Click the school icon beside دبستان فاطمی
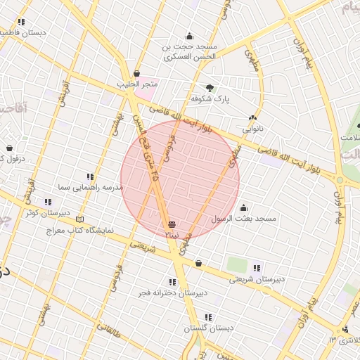tap(22, 22)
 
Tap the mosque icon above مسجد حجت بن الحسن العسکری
tap(189, 36)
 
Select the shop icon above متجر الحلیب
tap(136, 73)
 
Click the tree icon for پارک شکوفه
tap(210, 88)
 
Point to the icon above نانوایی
tap(252, 117)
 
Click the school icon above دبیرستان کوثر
tap(48, 202)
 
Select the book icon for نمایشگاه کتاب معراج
tap(79, 219)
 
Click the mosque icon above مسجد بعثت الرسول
tap(243, 207)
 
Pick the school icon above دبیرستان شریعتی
tap(257, 267)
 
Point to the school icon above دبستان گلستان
tap(209, 316)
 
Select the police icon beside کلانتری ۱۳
tap(345, 329)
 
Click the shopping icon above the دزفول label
tap(9, 148)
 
